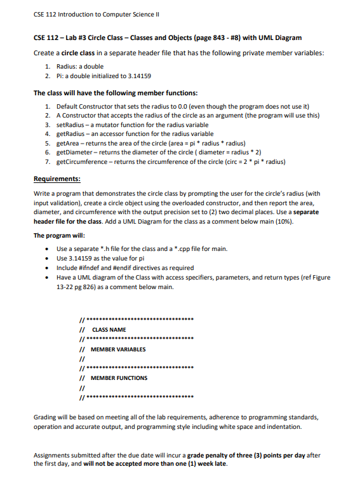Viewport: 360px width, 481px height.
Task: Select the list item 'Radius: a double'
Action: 80,66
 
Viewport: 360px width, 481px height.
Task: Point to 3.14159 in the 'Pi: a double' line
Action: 137,76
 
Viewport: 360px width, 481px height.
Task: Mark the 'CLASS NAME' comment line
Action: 109,330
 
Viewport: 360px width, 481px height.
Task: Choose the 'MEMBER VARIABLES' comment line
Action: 118,349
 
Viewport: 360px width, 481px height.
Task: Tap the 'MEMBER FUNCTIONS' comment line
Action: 119,378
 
